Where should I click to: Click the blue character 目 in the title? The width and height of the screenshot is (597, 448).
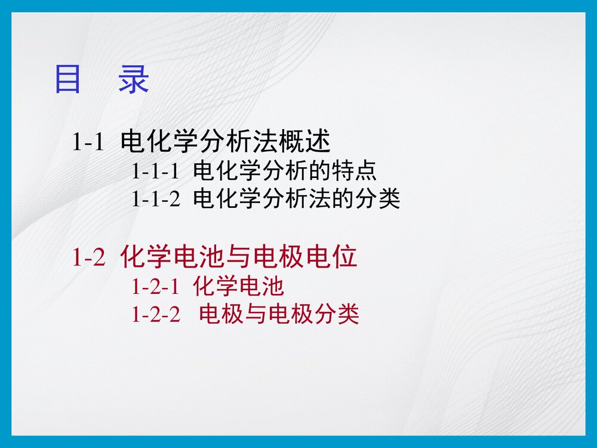click(67, 80)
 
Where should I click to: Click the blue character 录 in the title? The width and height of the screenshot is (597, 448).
click(133, 80)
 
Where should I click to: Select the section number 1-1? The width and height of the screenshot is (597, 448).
click(88, 142)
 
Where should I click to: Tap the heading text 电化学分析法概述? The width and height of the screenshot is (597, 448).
click(225, 142)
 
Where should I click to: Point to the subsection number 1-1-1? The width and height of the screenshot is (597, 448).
click(155, 172)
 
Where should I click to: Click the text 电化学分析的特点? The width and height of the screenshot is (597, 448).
click(285, 172)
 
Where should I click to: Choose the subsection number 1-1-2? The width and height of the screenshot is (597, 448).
click(155, 199)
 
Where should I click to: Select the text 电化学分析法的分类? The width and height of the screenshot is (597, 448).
click(296, 199)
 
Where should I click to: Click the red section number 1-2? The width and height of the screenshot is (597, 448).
click(88, 257)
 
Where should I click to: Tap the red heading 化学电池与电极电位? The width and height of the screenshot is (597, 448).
click(239, 257)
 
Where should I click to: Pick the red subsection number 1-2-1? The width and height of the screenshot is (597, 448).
click(155, 287)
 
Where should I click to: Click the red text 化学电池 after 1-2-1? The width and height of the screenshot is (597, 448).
click(238, 287)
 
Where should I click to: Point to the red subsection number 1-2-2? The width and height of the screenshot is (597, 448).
click(155, 314)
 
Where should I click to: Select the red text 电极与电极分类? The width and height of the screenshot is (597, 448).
click(279, 314)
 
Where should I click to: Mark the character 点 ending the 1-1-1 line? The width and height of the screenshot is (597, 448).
click(366, 172)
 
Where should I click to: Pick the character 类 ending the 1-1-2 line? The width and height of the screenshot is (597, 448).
click(389, 199)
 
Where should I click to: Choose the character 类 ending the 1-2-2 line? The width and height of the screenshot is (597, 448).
click(348, 314)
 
